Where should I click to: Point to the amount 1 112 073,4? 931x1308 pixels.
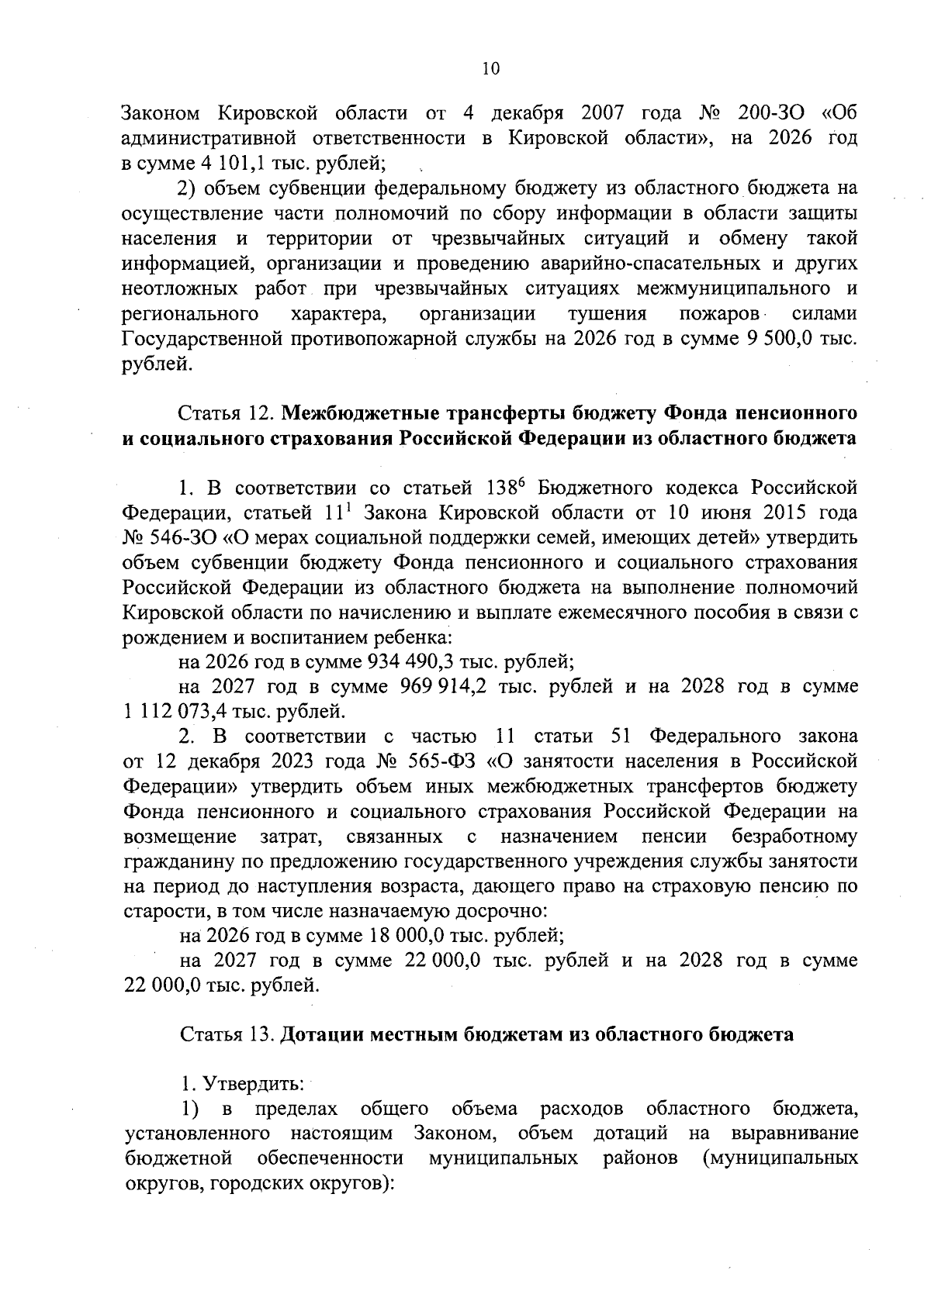(x=171, y=712)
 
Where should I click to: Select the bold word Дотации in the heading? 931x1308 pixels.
(x=317, y=1035)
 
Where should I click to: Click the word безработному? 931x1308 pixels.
(x=794, y=837)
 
